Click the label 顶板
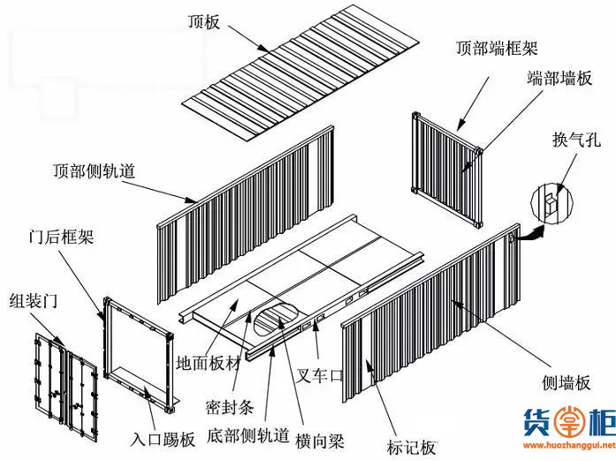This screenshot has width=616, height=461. coord(203,21)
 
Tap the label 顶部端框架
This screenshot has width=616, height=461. coord(497,48)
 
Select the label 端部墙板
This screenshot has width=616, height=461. coord(559,78)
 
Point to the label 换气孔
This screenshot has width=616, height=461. coord(576,140)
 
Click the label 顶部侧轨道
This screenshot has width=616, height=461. coord(94,171)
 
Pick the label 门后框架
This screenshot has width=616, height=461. coord(61,237)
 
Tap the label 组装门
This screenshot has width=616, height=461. coord(34,301)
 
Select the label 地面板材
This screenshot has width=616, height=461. coord(208,363)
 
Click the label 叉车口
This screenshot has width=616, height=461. coord(319,375)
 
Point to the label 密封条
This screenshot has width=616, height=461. coord(230,407)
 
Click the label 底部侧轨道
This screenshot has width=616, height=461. coord(247,435)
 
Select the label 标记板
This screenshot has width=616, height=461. coord(411,447)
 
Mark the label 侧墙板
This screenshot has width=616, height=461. coord(567,382)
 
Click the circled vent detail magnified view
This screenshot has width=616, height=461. coord(552,203)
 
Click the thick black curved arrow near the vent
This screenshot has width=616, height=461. coord(530,234)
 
